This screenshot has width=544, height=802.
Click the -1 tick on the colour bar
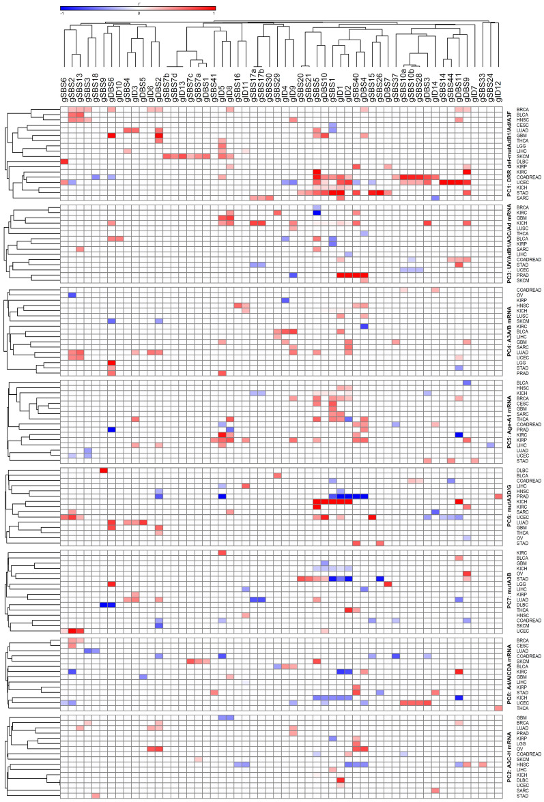click(62, 13)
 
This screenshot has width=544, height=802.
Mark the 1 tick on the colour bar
click(214, 13)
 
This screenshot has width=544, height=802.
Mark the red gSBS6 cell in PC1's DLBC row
click(64, 161)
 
